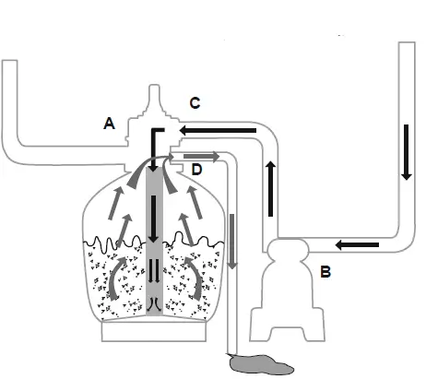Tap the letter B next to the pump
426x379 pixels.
coord(324,272)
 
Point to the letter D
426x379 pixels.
coord(195,170)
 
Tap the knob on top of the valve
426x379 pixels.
coord(154,95)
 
